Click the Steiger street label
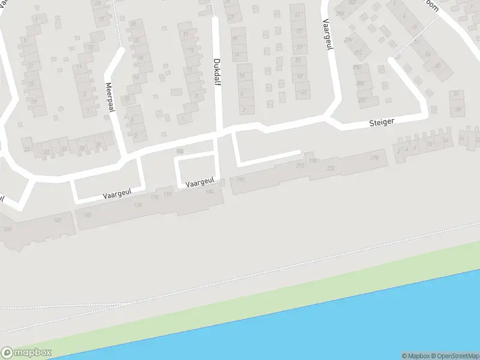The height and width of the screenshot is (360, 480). (x=382, y=122)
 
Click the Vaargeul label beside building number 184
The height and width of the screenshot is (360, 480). (x=199, y=181)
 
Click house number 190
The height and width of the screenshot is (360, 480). (x=241, y=179)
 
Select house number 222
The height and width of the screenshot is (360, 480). (x=331, y=169)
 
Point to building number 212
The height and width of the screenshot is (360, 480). (x=299, y=166)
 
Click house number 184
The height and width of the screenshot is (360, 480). (x=209, y=192)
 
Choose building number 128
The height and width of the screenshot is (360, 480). (x=137, y=205)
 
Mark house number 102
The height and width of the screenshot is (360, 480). (x=58, y=220)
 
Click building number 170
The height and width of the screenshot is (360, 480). (x=154, y=197)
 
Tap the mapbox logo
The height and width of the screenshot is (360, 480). (x=26, y=352)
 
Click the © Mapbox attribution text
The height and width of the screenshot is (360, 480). (x=415, y=355)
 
